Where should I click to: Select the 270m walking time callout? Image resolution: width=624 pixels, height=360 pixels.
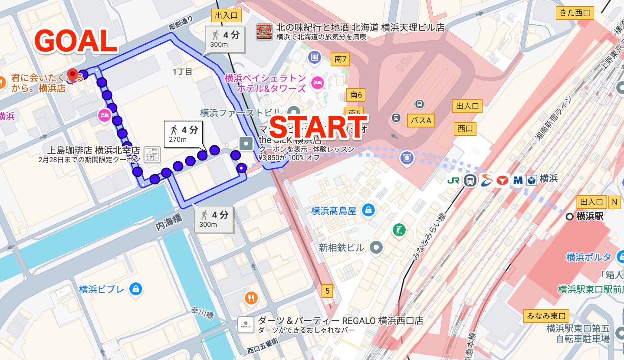tap(184, 134)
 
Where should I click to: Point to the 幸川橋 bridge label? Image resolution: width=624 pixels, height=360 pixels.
tap(203, 313)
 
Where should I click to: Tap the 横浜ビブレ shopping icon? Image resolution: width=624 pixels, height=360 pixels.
tap(136, 289)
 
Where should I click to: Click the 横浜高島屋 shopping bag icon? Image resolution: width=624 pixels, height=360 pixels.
tap(368, 211)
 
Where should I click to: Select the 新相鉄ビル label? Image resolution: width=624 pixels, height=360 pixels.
tap(341, 248)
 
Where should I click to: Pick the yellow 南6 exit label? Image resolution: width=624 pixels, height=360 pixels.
tap(356, 95)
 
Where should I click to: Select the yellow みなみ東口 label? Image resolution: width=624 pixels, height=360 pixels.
tap(546, 315)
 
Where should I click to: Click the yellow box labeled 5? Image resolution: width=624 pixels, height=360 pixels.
tap(328, 291)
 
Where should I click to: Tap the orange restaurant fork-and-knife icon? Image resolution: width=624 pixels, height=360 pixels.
tap(251, 298)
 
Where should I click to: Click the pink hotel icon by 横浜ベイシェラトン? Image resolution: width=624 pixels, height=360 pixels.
tap(318, 83)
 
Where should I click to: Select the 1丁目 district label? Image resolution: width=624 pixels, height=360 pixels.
tap(182, 72)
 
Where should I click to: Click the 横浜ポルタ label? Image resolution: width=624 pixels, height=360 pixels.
tap(588, 257)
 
